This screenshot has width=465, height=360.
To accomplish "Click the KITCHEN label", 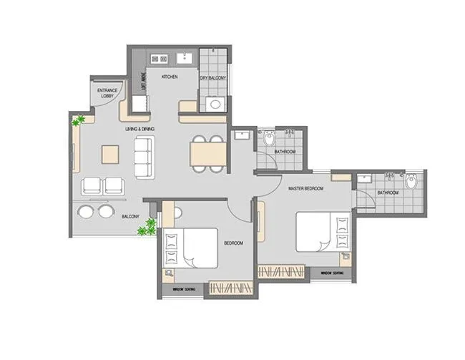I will pyautogui.click(x=170, y=77).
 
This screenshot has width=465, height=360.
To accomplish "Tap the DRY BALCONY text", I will pyautogui.click(x=212, y=77).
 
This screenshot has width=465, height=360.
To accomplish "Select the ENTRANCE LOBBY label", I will pyautogui.click(x=107, y=93).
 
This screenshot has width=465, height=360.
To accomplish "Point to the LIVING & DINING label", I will pyautogui.click(x=139, y=129).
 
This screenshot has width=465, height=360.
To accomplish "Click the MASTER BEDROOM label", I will pyautogui.click(x=305, y=188).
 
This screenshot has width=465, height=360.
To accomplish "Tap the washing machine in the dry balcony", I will pyautogui.click(x=214, y=104).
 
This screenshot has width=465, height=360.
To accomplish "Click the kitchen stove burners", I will pyautogui.click(x=159, y=59).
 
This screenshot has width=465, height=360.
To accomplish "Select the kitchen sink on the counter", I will pyautogui.click(x=184, y=58).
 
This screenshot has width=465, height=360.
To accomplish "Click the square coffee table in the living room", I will pyautogui.click(x=110, y=154).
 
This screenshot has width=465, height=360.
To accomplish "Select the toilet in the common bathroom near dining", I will pyautogui.click(x=269, y=137).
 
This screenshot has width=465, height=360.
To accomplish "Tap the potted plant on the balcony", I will pyautogui.click(x=148, y=228).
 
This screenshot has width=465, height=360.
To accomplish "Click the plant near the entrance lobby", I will pyautogui.click(x=78, y=121).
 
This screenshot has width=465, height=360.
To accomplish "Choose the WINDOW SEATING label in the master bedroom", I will pyautogui.click(x=331, y=273).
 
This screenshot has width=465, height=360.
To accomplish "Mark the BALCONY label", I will pyautogui.click(x=129, y=215).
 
